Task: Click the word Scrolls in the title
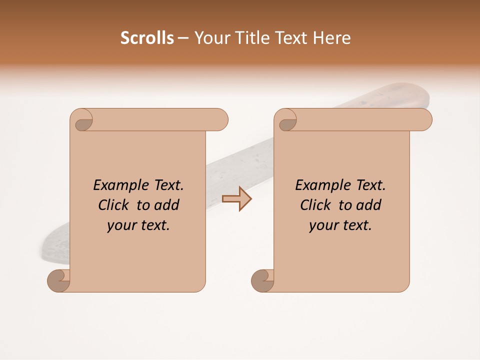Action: coord(147,38)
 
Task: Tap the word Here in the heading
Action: coord(332,38)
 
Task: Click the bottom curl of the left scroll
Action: coord(57,280)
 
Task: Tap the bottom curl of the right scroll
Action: coord(261,280)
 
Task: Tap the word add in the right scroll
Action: coord(369,205)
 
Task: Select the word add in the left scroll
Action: coord(167,205)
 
